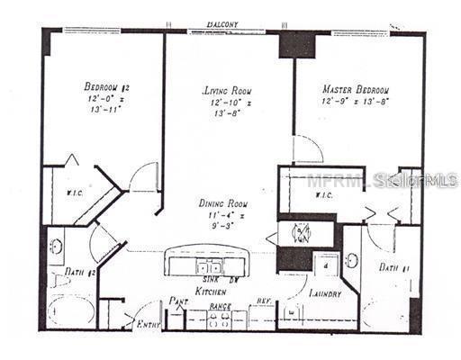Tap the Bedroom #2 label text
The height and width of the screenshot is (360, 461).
(108, 86)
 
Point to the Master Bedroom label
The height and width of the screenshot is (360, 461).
(355, 90)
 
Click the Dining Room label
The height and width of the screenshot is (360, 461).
(224, 204)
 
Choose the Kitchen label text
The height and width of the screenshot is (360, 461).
(212, 293)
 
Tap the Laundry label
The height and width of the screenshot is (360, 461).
(323, 293)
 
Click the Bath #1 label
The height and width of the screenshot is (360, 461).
(393, 267)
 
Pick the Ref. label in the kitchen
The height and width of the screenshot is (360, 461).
(264, 302)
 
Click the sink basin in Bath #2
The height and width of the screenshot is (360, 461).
(56, 246)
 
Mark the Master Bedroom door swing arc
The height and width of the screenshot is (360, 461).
(309, 148)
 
